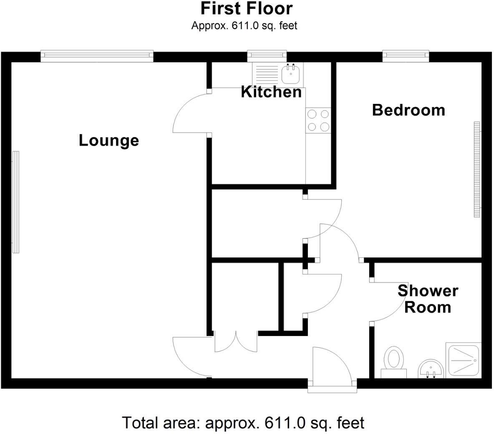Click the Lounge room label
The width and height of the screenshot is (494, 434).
[108, 140]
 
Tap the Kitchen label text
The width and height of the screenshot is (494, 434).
[271, 92]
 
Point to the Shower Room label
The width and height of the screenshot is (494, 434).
[428, 299]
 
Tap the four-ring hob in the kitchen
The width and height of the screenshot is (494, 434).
[318, 120]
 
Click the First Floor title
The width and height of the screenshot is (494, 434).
[247, 8]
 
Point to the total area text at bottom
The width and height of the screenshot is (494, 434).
[243, 423]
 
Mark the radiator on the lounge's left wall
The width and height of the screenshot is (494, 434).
[15, 202]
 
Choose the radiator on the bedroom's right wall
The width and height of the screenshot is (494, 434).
[477, 169]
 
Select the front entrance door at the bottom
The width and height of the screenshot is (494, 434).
[332, 367]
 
